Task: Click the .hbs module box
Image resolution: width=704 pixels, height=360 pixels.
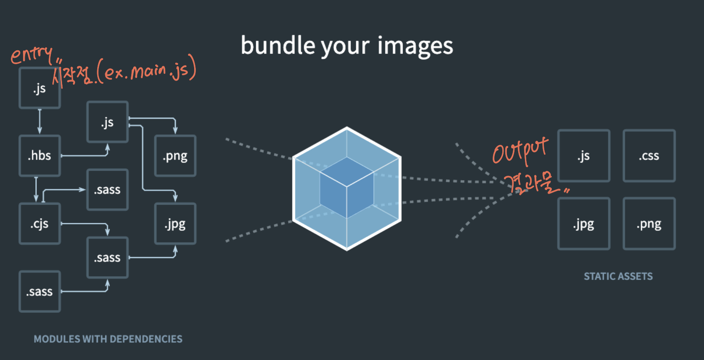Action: (40, 156)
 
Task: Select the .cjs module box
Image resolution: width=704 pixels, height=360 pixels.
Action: (40, 224)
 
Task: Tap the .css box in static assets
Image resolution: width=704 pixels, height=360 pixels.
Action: (649, 156)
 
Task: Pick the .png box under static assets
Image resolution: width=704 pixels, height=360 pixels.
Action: (649, 224)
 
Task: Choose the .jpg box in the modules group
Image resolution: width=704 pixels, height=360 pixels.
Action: (175, 224)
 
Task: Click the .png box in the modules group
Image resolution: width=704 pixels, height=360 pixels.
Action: (175, 156)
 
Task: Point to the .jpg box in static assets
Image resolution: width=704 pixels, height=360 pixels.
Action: (584, 224)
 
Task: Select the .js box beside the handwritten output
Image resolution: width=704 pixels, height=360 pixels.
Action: (584, 156)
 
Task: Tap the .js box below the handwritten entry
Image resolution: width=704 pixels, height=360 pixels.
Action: (40, 88)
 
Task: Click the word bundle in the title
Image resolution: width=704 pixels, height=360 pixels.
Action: (278, 45)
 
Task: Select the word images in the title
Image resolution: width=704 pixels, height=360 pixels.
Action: (415, 46)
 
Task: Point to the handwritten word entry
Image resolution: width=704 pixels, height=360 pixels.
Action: (31, 54)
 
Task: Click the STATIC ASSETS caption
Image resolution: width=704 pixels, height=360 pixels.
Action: (618, 277)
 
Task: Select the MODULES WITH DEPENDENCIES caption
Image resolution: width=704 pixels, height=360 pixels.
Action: (108, 339)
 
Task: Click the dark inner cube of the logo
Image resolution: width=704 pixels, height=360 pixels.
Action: (347, 188)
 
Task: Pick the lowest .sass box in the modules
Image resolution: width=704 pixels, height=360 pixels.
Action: (40, 292)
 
